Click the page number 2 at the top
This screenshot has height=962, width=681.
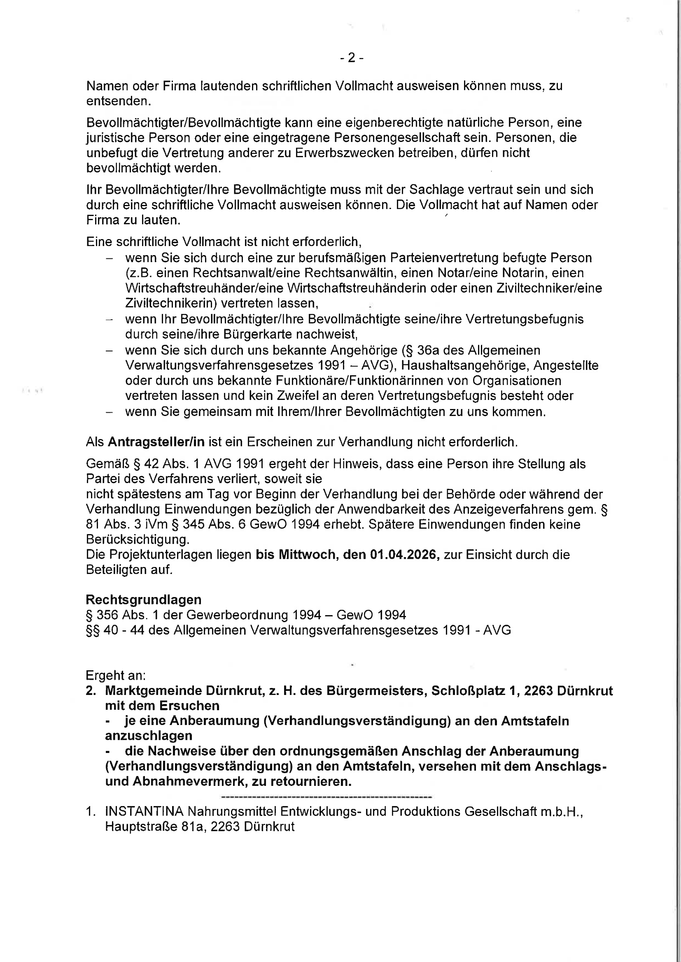tap(351, 58)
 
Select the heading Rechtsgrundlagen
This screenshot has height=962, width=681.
tap(143, 600)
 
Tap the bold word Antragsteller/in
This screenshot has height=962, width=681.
tap(156, 442)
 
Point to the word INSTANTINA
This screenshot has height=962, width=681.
tap(144, 811)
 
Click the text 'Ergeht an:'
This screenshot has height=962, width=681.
tap(116, 675)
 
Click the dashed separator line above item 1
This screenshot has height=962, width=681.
tap(326, 797)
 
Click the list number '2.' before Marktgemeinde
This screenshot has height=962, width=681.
tap(91, 690)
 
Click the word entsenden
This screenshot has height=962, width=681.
tap(118, 101)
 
